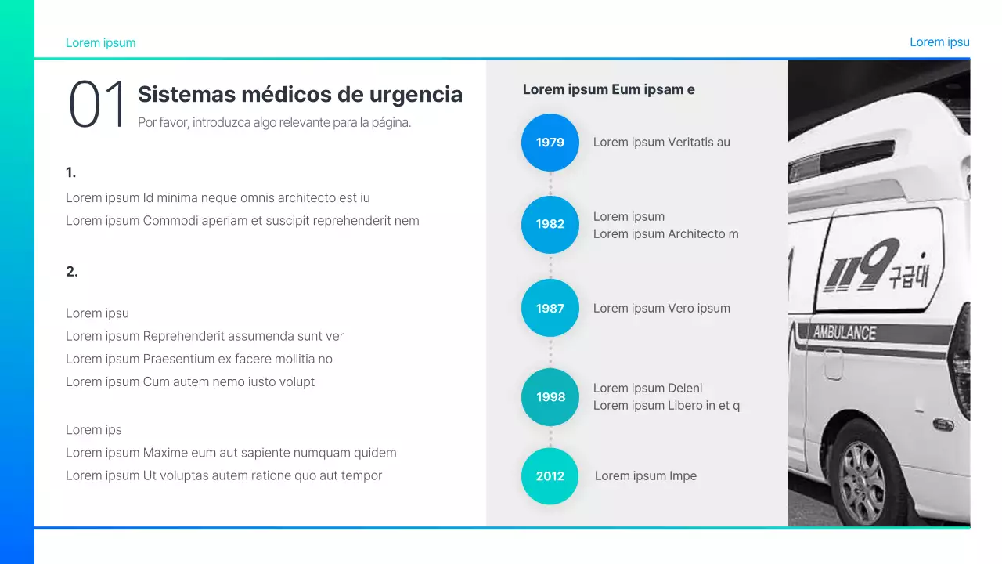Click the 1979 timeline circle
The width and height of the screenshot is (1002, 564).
(550, 143)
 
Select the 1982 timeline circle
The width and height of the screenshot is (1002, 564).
(550, 224)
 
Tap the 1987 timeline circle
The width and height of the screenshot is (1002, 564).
(550, 308)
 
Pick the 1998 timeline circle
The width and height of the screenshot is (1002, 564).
(550, 397)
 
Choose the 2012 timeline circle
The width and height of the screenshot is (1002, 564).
(550, 476)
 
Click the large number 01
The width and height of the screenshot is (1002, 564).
(97, 105)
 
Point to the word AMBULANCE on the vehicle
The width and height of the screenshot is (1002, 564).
(845, 332)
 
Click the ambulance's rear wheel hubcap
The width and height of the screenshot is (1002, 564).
(863, 483)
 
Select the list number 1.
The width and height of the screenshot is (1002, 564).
(70, 172)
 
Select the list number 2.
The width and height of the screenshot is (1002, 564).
(71, 272)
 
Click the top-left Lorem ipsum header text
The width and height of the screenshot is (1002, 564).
(100, 43)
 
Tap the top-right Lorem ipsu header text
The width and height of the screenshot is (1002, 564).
(939, 42)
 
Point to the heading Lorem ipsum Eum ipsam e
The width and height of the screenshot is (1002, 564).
(608, 89)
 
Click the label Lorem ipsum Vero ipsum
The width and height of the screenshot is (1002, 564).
(661, 309)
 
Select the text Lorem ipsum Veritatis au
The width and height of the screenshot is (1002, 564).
(661, 143)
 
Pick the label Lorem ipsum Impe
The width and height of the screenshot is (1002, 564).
(646, 476)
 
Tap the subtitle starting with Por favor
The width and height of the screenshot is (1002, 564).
(274, 123)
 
